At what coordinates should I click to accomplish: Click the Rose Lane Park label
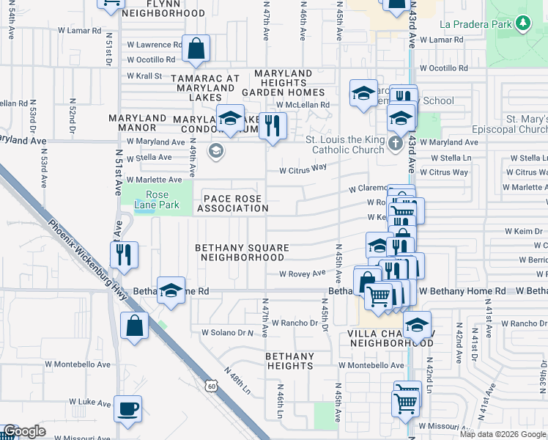coord(152,200)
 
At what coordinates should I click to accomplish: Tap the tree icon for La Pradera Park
coord(522,25)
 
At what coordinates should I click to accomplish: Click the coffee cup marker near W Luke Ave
coord(128,408)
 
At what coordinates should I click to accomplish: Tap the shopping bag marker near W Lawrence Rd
coord(196,50)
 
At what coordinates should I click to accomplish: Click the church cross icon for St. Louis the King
coord(396,143)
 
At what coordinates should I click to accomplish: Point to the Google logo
coord(24,431)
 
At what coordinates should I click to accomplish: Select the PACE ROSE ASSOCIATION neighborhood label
coord(236,203)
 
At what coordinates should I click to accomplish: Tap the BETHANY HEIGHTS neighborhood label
coord(289,361)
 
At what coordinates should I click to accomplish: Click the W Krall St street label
coord(144,76)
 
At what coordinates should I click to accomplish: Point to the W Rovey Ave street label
coord(301,274)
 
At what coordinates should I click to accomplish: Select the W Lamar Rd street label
coord(77,31)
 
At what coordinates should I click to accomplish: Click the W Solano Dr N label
coord(227,332)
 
